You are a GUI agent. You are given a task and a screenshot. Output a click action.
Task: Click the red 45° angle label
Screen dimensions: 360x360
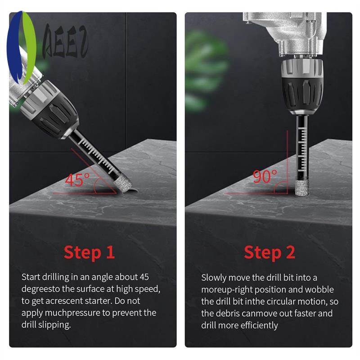pyautogui.click(x=77, y=180)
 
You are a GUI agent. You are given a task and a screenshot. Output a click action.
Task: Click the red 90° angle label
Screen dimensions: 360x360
pyautogui.click(x=265, y=176)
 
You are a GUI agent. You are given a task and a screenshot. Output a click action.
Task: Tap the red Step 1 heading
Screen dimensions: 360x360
pyautogui.click(x=89, y=252)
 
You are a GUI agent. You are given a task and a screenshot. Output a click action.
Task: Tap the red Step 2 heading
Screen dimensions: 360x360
pyautogui.click(x=269, y=252)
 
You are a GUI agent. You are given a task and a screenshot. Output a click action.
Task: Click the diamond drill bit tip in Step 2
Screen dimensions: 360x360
pyautogui.click(x=301, y=188)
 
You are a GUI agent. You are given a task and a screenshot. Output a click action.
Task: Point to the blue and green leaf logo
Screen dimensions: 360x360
pyautogui.click(x=21, y=47)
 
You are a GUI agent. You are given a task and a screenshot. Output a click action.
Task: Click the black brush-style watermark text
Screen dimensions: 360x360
pyautogui.click(x=65, y=41)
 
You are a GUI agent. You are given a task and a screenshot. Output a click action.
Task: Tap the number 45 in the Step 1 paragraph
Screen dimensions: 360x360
pyautogui.click(x=144, y=277)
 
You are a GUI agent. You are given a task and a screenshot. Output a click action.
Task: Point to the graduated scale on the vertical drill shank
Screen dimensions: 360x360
pyautogui.click(x=302, y=149)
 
